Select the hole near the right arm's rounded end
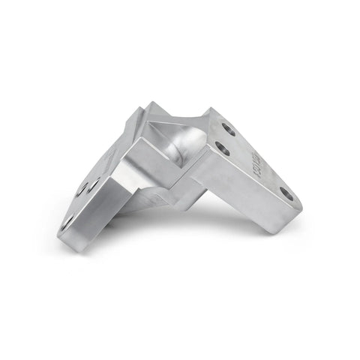(x=286, y=193)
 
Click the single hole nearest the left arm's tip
(x=68, y=220)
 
